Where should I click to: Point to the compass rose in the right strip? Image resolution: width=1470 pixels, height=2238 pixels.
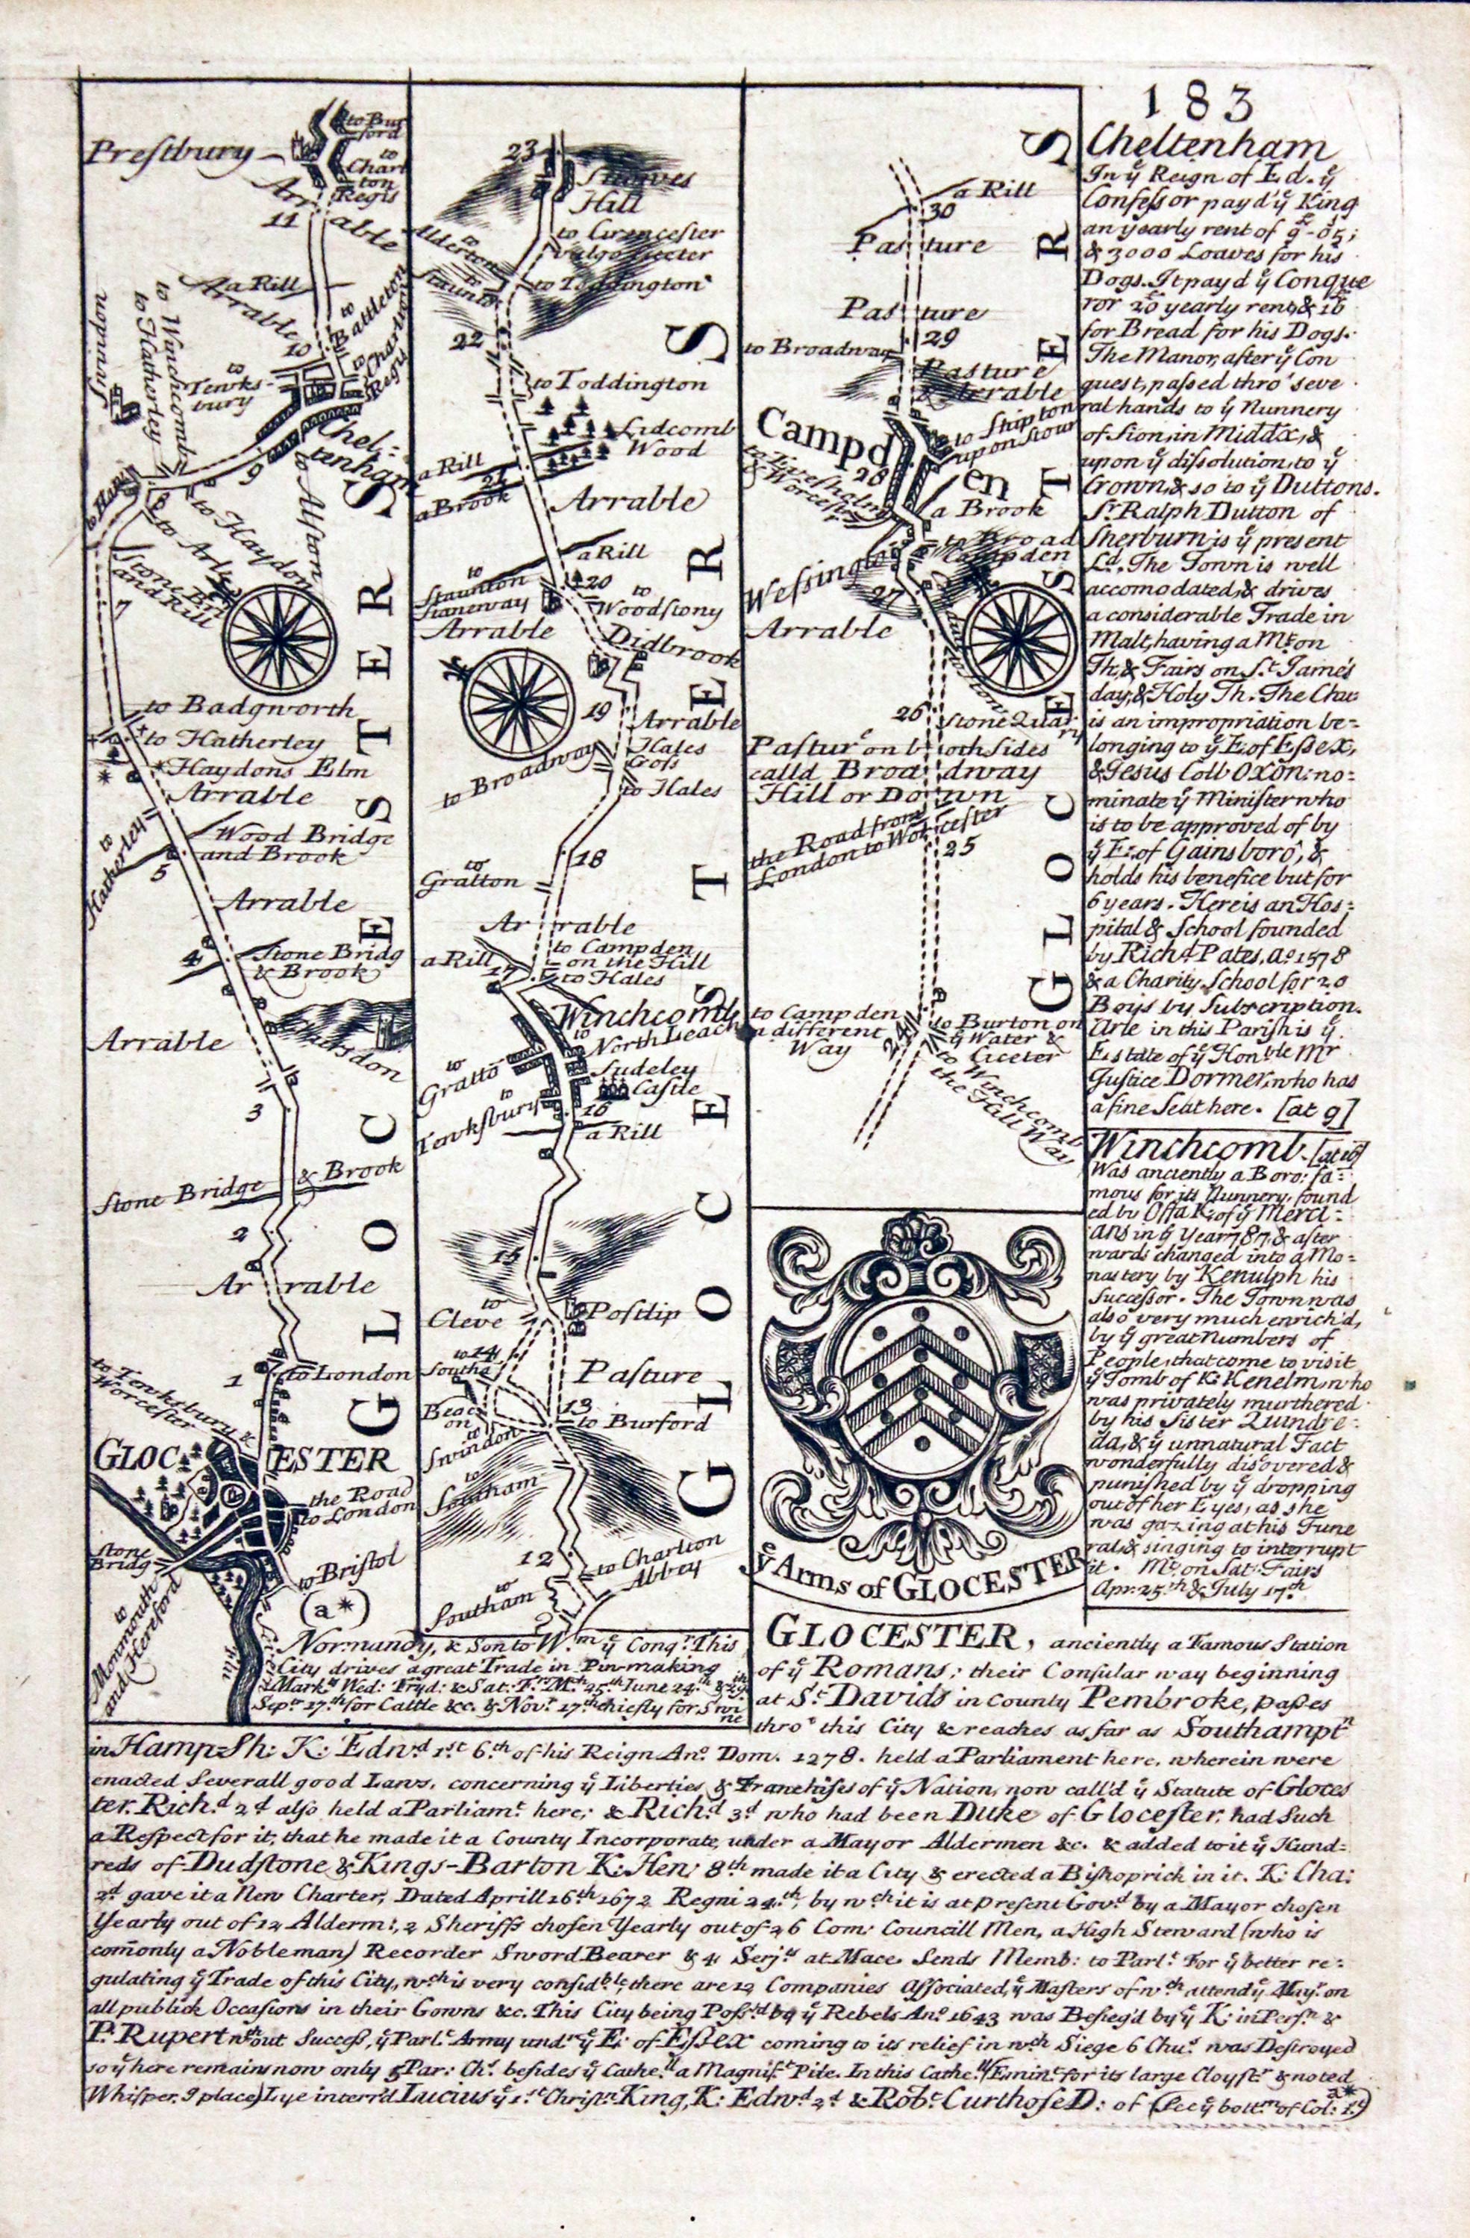1023,632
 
